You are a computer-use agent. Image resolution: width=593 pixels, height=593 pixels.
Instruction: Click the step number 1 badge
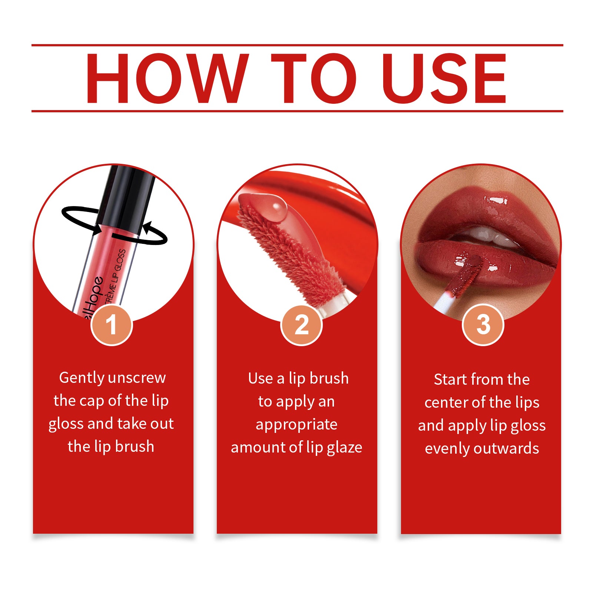[112, 325]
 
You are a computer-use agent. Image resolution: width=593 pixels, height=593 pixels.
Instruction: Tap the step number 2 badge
[301, 325]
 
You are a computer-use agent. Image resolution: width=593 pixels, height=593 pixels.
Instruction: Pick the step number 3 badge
[483, 325]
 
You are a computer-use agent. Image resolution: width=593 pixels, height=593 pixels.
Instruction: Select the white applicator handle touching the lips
[443, 302]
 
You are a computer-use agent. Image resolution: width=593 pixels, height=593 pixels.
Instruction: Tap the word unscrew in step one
[138, 378]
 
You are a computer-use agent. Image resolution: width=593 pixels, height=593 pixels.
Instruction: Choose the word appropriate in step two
[296, 425]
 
